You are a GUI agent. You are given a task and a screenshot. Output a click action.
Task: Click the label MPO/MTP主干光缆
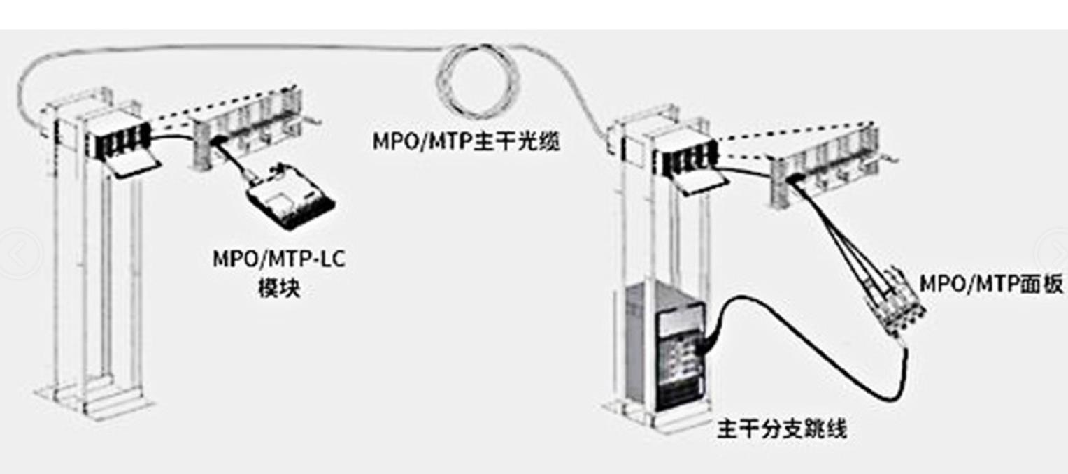[466, 141]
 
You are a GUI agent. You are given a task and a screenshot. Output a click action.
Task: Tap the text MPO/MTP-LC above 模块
[278, 259]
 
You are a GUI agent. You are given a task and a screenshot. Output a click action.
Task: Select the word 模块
[279, 288]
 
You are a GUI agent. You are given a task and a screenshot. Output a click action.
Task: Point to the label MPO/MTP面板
[991, 284]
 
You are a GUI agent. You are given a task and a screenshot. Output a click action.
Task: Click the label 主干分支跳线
[782, 429]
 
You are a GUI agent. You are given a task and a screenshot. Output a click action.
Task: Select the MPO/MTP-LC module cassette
[291, 198]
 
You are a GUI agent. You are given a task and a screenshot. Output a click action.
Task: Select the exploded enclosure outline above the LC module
[248, 129]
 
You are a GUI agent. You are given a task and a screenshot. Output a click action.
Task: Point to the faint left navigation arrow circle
[19, 254]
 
